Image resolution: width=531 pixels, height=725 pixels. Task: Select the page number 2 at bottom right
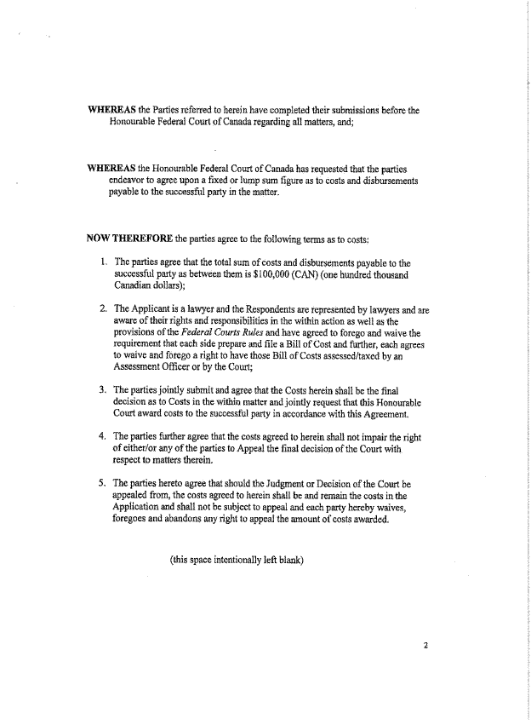point(426,645)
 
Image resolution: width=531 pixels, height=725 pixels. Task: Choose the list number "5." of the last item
point(102,483)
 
